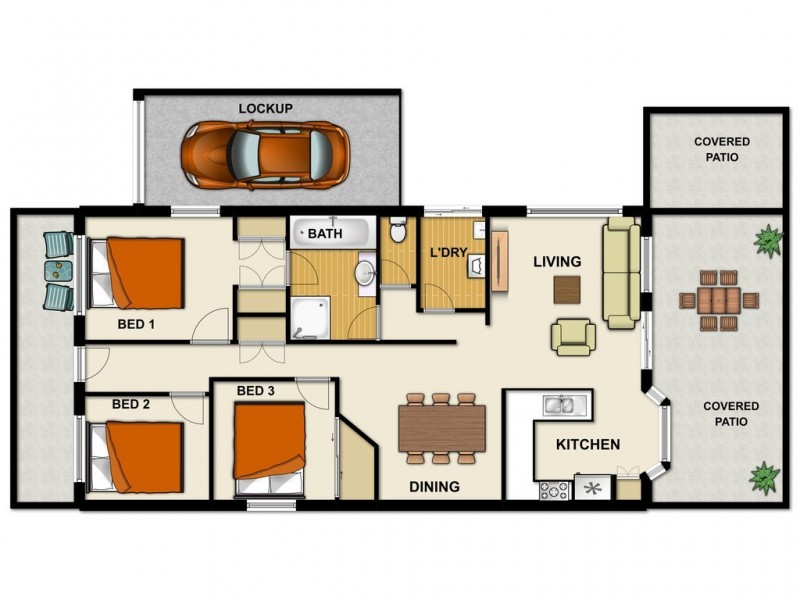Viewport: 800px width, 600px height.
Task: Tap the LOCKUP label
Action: [265, 107]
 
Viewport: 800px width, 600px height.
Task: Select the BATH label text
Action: [325, 234]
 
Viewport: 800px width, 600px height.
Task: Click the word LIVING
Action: [557, 262]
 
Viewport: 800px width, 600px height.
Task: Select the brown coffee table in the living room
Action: [566, 289]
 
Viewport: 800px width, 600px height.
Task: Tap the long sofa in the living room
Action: [620, 273]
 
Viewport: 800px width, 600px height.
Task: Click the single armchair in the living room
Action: [573, 336]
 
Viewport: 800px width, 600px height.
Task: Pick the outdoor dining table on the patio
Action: [718, 299]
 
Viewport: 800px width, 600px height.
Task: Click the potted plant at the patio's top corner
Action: [768, 239]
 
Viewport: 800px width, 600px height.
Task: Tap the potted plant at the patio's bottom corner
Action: [765, 475]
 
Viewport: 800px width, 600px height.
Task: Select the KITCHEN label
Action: [588, 444]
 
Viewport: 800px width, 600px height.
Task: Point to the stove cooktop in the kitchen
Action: [554, 490]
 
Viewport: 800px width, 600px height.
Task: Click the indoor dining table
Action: [441, 428]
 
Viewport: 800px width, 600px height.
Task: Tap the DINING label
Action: [434, 487]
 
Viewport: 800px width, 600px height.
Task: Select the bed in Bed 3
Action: [269, 444]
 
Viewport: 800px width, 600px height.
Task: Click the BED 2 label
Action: [131, 404]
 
